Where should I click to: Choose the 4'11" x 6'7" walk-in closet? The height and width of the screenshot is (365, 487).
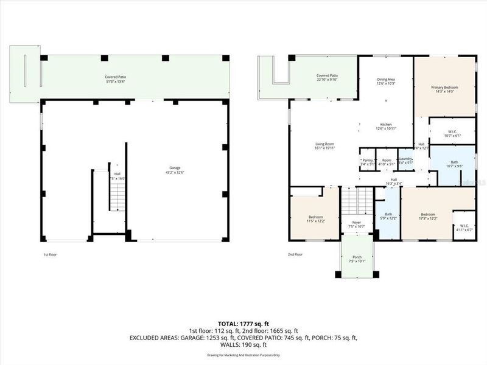point(464,228)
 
